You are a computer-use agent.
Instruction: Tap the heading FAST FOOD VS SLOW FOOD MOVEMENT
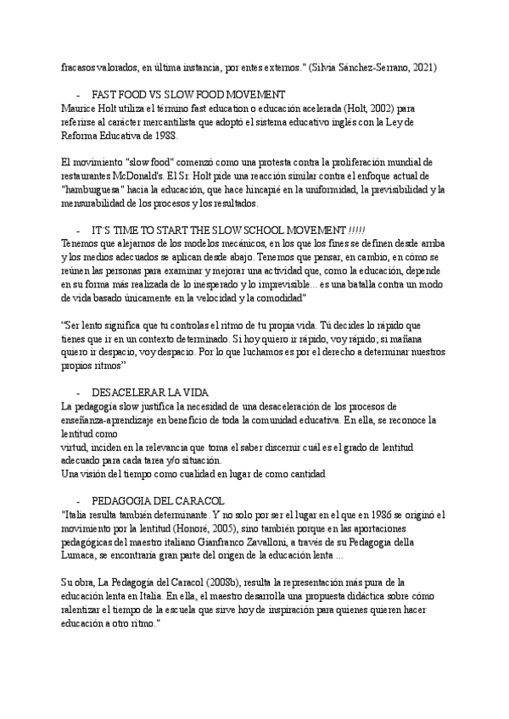tap(188, 95)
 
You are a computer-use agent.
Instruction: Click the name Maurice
tap(81, 108)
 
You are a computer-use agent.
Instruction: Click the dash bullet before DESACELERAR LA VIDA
tap(79, 393)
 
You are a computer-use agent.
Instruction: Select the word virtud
tap(75, 446)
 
